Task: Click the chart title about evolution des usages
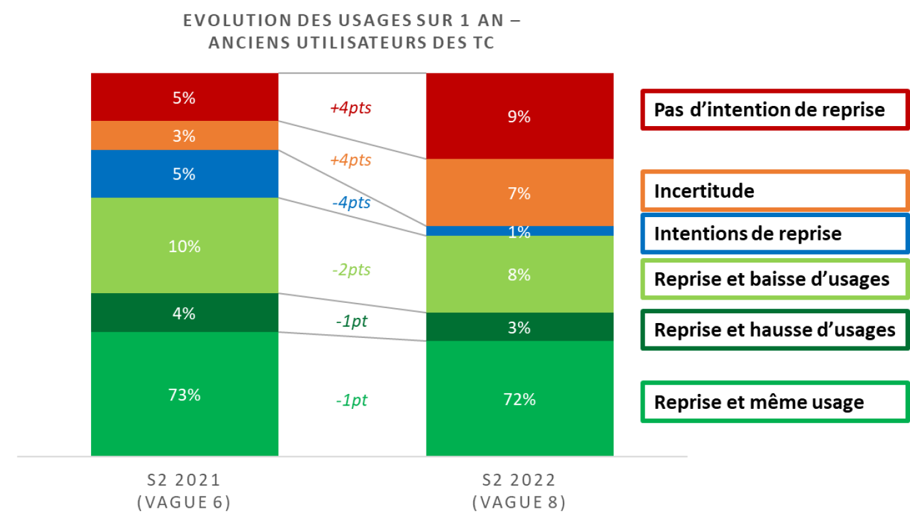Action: click(351, 31)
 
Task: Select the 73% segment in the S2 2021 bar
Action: click(185, 394)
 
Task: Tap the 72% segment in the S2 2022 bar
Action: click(519, 398)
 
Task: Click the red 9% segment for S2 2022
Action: click(519, 116)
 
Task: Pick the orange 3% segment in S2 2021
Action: click(185, 136)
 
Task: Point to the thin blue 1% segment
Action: click(519, 231)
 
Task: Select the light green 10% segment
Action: click(185, 246)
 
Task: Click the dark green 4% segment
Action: click(185, 313)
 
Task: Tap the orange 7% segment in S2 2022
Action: click(519, 193)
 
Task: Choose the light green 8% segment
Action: click(519, 274)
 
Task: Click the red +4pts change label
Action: click(351, 108)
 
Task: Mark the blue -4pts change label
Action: click(351, 203)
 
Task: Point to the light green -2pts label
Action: click(351, 270)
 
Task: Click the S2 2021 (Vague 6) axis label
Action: click(185, 491)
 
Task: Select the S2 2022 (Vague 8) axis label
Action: click(519, 491)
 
